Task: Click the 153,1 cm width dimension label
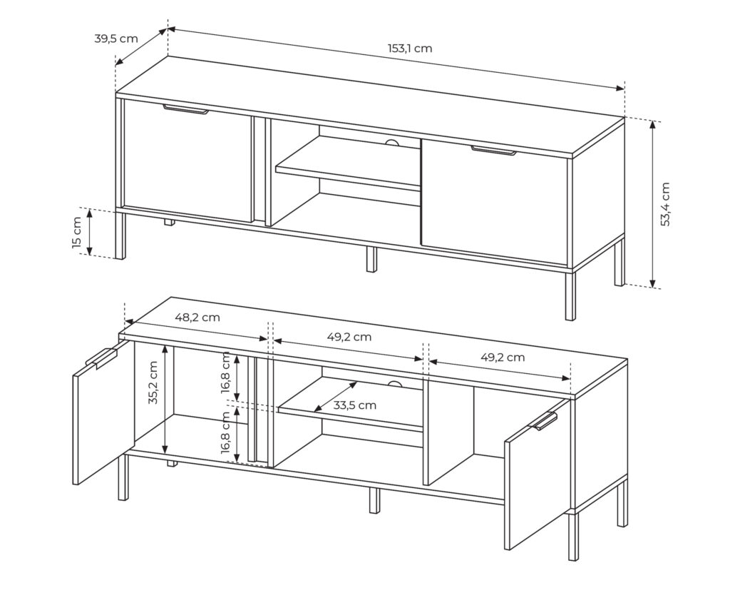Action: (410, 48)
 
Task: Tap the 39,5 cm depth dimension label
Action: (116, 39)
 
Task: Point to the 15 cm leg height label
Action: (77, 232)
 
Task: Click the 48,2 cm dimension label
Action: (197, 318)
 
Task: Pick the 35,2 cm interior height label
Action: (154, 382)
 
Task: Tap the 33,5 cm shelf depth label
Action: (355, 405)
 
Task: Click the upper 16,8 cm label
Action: (226, 372)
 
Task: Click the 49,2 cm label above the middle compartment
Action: (349, 337)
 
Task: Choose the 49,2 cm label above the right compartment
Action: (503, 357)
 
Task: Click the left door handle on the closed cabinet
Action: (186, 110)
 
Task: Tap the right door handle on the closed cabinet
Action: (493, 150)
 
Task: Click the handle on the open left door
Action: (101, 358)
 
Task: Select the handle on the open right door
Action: (543, 420)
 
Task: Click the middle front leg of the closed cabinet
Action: (371, 259)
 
